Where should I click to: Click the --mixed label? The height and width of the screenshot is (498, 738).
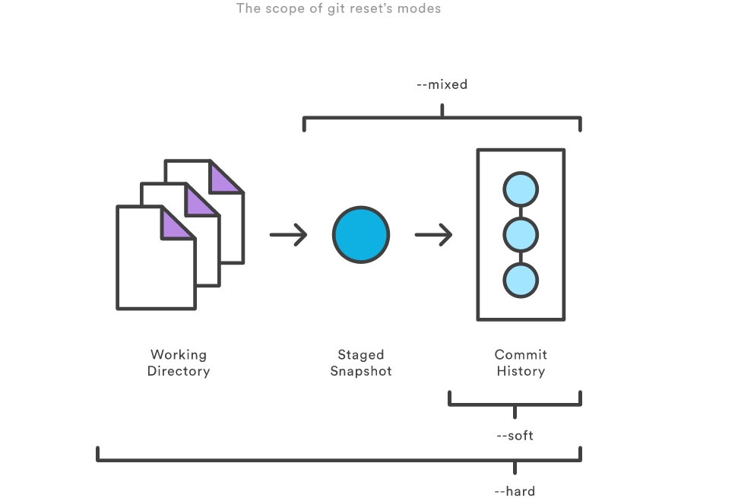(442, 84)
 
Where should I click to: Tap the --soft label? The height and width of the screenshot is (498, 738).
(515, 436)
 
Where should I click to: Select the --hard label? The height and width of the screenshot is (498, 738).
(515, 491)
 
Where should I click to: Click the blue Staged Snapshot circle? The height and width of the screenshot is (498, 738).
(361, 235)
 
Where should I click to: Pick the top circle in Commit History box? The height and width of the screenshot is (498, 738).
(521, 189)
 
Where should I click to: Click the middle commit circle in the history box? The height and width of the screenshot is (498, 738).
(521, 235)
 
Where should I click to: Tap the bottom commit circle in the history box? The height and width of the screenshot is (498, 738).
(521, 280)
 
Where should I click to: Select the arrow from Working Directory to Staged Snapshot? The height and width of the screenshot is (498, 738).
(289, 235)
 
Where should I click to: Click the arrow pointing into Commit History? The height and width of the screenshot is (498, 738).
(434, 235)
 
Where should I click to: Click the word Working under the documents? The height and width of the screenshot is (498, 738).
(179, 354)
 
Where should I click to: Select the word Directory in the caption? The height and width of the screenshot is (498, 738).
(179, 371)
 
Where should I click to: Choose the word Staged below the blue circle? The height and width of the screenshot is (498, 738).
(361, 354)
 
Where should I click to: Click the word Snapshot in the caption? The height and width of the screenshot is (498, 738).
(361, 371)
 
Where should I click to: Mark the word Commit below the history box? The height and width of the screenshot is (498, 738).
(521, 354)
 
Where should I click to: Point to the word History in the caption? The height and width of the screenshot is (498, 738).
(521, 371)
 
